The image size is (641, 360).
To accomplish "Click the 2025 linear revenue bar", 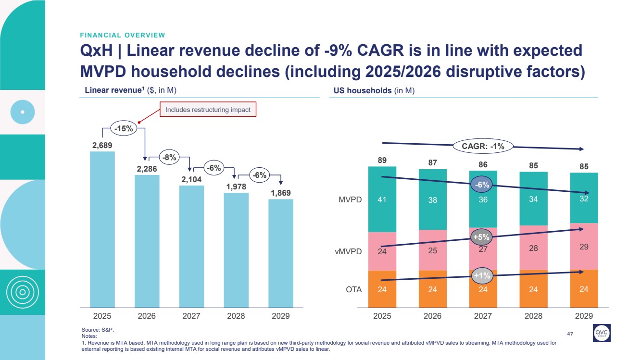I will [102, 229].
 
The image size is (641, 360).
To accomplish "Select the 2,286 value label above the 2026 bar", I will [147, 169].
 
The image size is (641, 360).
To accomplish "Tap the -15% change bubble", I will [124, 128].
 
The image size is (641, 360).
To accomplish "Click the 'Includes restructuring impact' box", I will [208, 110].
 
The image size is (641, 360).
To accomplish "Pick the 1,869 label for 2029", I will [280, 193].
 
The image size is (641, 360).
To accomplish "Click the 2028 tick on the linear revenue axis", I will [236, 316].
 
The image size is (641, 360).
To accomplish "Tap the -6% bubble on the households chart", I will [482, 185].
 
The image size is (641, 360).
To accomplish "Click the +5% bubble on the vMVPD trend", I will [481, 236].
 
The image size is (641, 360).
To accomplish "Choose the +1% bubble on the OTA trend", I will [481, 275].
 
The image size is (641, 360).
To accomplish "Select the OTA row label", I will [354, 289].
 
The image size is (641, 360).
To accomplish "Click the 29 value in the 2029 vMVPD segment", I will [584, 247].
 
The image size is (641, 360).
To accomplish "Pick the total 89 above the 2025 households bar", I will [382, 161].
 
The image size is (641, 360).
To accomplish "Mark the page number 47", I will [571, 333].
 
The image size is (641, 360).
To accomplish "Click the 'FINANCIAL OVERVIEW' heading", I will [123, 35].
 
